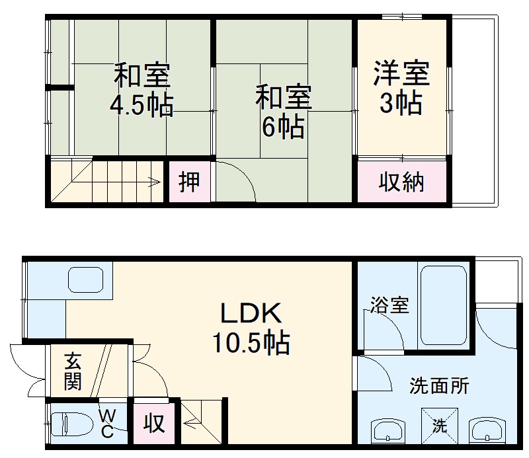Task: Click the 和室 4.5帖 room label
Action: click(x=142, y=90)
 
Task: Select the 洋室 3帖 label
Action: click(x=401, y=88)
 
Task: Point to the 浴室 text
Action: click(x=389, y=305)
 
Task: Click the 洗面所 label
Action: click(x=439, y=385)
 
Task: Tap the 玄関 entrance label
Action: click(x=73, y=372)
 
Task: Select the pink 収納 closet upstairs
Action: click(x=401, y=182)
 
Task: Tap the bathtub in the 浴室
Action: click(x=444, y=305)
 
